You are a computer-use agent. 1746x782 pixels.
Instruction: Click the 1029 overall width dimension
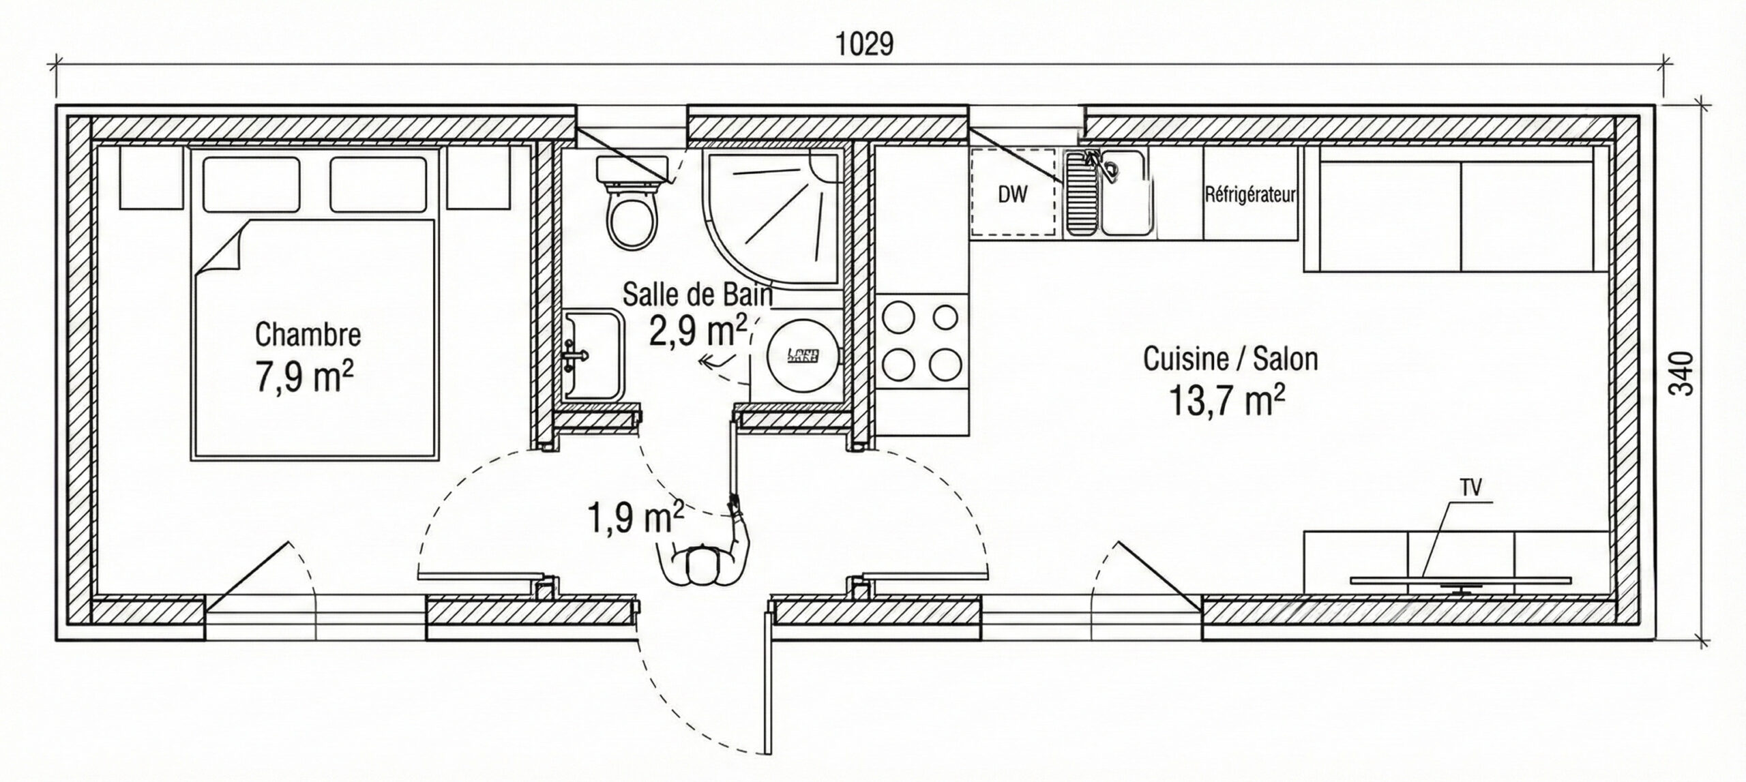(864, 44)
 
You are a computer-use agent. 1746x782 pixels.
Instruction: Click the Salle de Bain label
(697, 295)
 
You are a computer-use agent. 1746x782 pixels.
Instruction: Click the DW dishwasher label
(1012, 195)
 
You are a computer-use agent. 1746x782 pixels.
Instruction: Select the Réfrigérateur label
(1250, 195)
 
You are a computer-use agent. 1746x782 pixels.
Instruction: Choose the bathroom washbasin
(593, 355)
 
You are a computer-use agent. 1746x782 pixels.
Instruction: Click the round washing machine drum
(802, 355)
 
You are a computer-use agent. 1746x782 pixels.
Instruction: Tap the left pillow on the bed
(251, 184)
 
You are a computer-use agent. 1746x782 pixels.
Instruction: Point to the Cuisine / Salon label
(1230, 359)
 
